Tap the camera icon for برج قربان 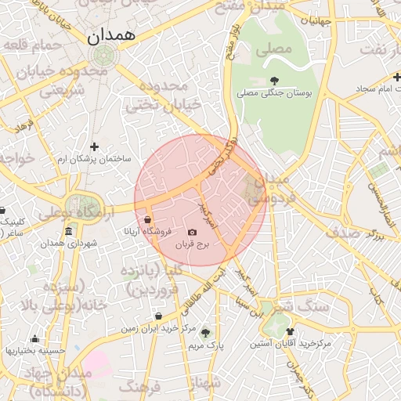193,233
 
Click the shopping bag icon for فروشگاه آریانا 148,219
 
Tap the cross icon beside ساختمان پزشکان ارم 95,146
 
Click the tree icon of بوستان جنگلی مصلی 273,80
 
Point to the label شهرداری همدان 69,244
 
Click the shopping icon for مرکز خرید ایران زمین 159,316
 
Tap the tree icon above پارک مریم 206,332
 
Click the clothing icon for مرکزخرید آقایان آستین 290,331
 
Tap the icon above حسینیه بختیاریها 34,339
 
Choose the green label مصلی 276,49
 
